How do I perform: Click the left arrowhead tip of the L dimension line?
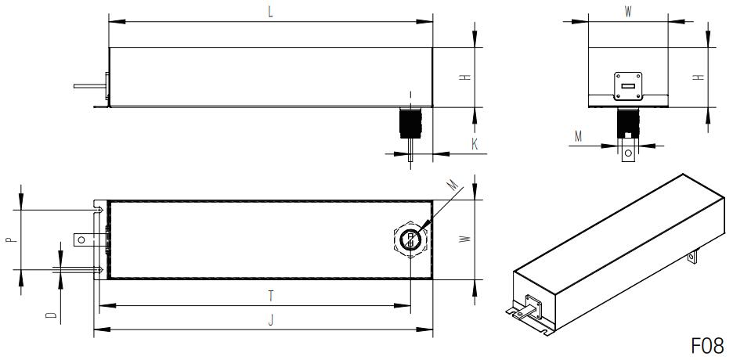[109, 21]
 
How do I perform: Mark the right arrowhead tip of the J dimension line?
[433, 329]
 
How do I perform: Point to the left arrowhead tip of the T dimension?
[99, 305]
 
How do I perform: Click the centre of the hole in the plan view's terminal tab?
[81, 239]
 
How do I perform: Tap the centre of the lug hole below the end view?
[628, 153]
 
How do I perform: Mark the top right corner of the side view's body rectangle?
[432, 47]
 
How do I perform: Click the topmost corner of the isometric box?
[683, 175]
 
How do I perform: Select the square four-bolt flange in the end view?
[628, 86]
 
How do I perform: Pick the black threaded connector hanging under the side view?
[410, 123]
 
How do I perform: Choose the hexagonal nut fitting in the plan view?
[410, 239]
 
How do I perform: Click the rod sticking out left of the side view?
[90, 86]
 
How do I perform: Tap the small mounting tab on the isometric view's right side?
[691, 257]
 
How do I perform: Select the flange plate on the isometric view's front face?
[533, 307]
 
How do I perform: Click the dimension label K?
[475, 144]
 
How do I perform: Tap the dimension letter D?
[50, 315]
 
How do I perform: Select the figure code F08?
[707, 346]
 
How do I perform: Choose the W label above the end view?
[628, 13]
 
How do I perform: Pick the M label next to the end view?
[578, 136]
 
